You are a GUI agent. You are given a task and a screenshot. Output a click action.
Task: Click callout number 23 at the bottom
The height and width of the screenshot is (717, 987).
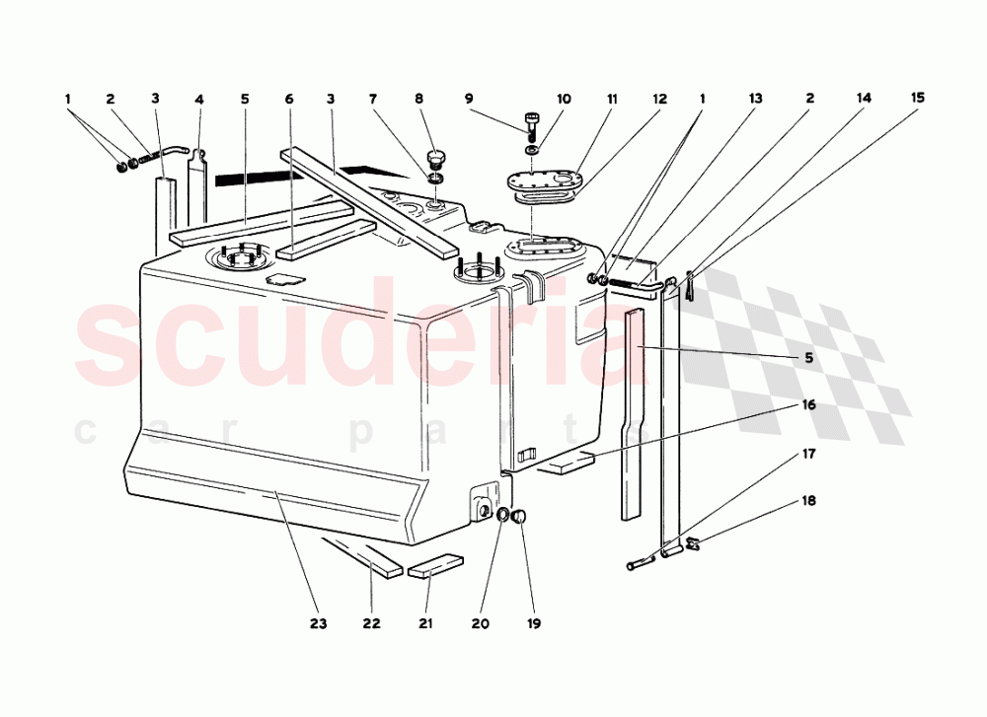coord(319,623)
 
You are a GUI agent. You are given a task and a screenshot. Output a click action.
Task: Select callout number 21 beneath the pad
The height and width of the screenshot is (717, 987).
coord(426,623)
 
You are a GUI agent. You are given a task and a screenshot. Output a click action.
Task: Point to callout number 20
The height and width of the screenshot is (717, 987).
coord(480,623)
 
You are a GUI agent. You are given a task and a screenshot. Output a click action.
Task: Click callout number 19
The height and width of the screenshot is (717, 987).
coord(534,623)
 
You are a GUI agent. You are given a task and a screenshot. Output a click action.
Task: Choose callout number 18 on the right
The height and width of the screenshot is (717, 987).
coord(808,501)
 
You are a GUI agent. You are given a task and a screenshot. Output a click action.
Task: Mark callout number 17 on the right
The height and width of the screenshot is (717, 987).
coord(808,455)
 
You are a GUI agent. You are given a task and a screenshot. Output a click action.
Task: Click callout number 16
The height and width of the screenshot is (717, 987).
coord(808,404)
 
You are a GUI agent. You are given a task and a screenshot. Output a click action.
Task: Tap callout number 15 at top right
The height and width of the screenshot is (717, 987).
coord(918,98)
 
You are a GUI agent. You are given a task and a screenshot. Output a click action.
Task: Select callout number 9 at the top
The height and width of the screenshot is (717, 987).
coord(470,99)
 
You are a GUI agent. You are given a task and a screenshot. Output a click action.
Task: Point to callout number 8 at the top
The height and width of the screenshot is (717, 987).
coord(418,99)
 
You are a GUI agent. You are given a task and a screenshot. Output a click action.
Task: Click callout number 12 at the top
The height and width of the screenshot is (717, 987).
coord(659,99)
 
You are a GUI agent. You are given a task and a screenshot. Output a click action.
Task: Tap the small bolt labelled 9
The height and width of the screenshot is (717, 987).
coord(533,120)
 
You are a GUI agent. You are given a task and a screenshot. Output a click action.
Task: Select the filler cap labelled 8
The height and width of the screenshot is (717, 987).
coord(434,159)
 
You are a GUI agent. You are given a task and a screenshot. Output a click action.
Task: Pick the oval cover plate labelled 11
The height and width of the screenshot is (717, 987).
coord(538,181)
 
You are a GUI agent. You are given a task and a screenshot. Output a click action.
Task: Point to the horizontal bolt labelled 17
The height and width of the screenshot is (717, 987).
coord(640,565)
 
